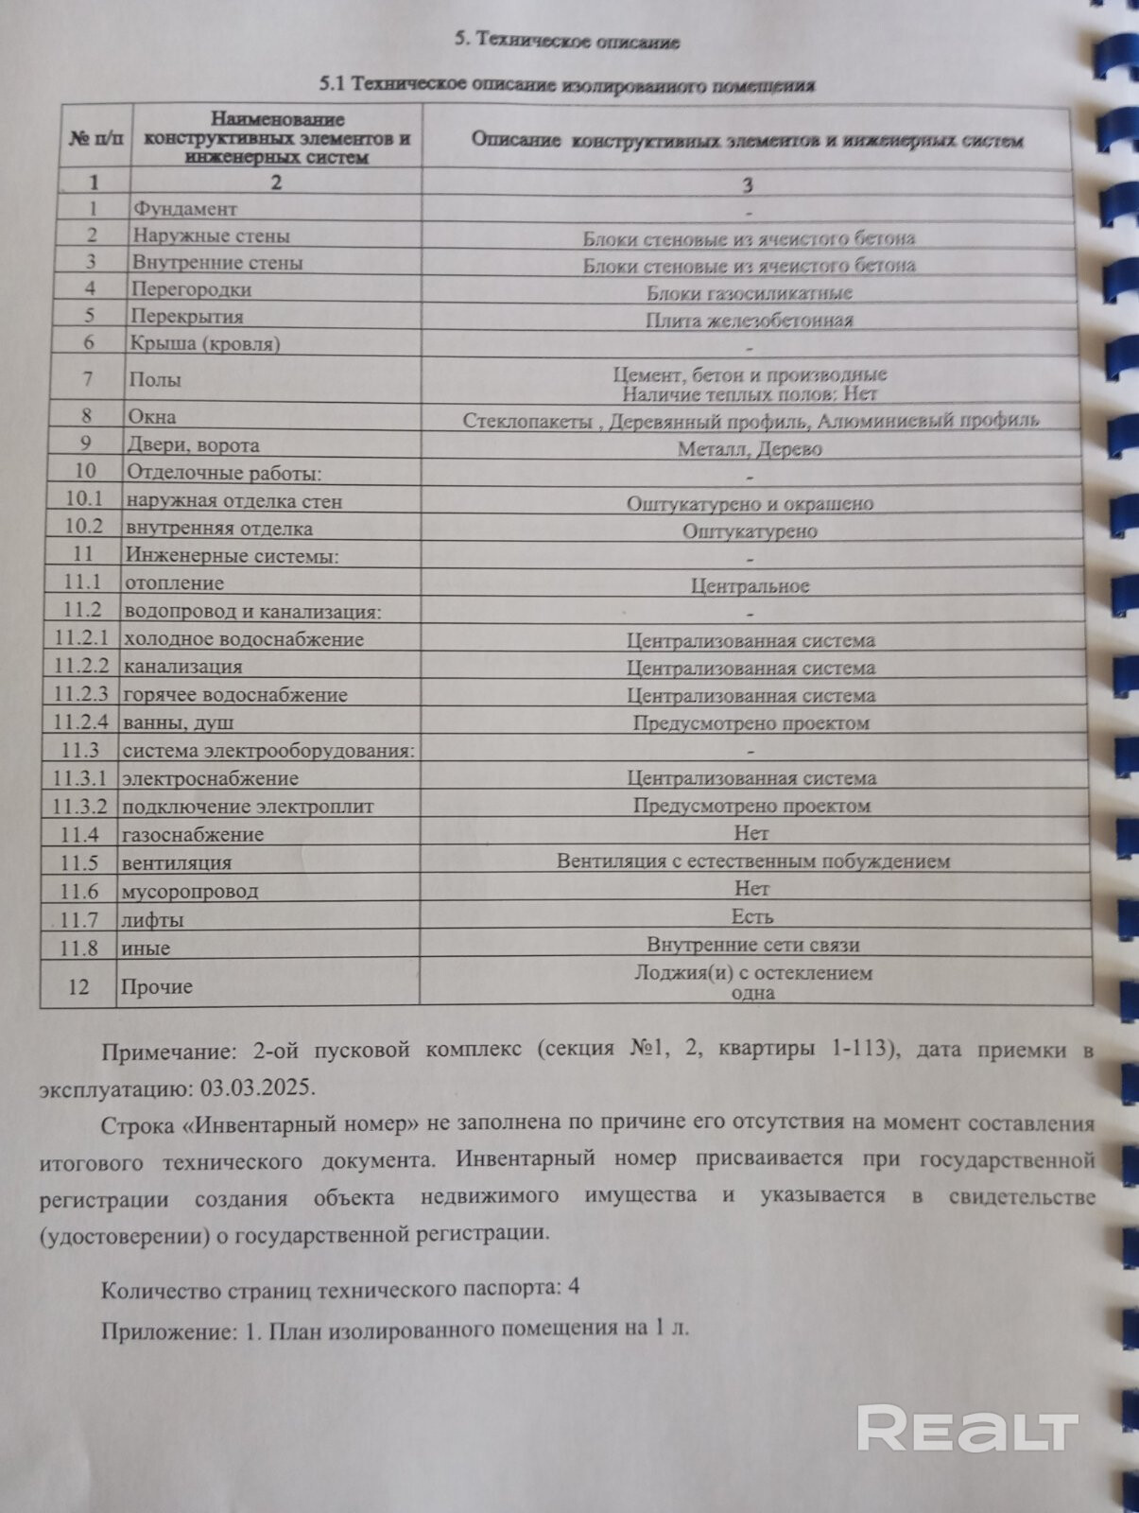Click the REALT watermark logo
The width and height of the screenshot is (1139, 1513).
click(967, 1429)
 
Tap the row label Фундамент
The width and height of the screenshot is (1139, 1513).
click(184, 208)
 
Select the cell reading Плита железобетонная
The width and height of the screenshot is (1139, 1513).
click(750, 321)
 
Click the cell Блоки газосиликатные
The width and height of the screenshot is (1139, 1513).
click(750, 293)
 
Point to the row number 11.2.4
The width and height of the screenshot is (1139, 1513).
click(80, 722)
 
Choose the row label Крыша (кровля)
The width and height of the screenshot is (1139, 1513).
click(205, 343)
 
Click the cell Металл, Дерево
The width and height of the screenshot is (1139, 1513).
click(750, 449)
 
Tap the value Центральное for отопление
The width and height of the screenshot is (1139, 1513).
click(750, 586)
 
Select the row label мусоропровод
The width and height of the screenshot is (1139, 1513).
click(189, 891)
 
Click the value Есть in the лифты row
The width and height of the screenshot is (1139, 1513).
click(752, 916)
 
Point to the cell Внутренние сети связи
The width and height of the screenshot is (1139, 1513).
click(753, 944)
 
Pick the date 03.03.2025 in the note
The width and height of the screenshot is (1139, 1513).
click(256, 1087)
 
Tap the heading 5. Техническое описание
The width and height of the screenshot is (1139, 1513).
click(567, 40)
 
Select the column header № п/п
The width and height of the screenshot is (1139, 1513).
click(95, 138)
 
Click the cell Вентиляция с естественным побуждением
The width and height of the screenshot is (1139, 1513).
click(753, 861)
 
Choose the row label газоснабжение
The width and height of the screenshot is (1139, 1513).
click(192, 834)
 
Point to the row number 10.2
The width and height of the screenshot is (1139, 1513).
click(83, 527)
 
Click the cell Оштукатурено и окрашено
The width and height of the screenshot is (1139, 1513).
click(750, 504)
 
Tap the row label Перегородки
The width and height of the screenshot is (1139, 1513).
click(191, 289)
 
